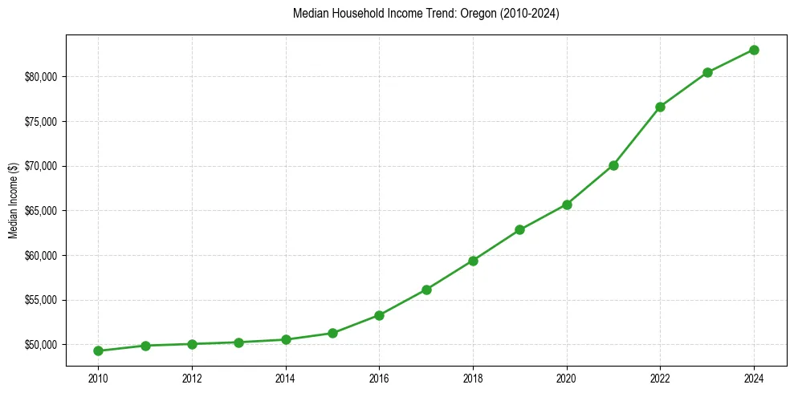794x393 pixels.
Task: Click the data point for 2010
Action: tap(98, 350)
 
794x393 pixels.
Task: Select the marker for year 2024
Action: tap(754, 50)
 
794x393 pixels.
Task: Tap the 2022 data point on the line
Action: tap(660, 107)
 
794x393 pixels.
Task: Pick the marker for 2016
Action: tap(379, 315)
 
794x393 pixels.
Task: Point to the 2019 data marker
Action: tap(519, 229)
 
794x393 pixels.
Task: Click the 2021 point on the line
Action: tap(613, 165)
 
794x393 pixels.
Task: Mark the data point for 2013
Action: tap(238, 342)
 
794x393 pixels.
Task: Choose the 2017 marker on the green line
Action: tap(426, 290)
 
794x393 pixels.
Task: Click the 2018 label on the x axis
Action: tap(473, 379)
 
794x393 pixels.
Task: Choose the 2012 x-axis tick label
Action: tap(192, 379)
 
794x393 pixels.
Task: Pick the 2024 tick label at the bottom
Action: tap(754, 379)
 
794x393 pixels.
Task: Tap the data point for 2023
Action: tap(707, 72)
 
